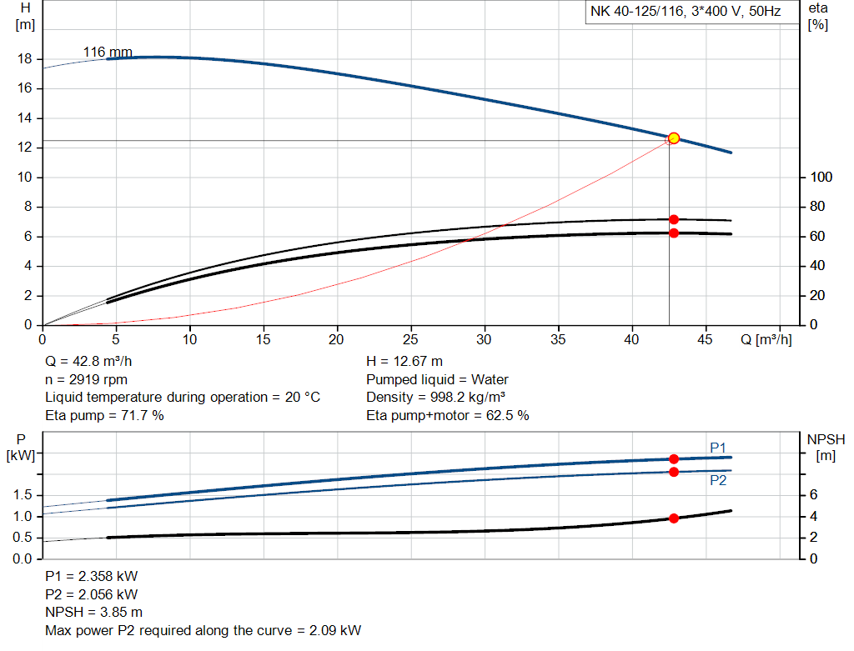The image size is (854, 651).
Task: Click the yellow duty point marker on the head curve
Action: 674,138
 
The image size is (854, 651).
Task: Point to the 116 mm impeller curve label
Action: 108,53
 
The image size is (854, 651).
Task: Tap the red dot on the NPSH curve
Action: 674,518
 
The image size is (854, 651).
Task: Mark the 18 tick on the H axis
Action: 25,59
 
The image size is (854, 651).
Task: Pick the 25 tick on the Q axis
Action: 410,340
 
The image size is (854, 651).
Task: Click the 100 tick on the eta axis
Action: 821,178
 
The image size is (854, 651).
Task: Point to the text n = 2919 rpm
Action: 86,379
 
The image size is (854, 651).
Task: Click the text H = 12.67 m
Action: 404,361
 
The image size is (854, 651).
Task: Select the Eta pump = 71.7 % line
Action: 104,415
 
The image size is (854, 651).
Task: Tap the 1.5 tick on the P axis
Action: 24,495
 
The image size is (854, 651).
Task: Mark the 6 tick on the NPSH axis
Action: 813,495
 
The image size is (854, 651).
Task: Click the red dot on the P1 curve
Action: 674,458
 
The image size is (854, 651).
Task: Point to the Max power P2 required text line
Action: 203,630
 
